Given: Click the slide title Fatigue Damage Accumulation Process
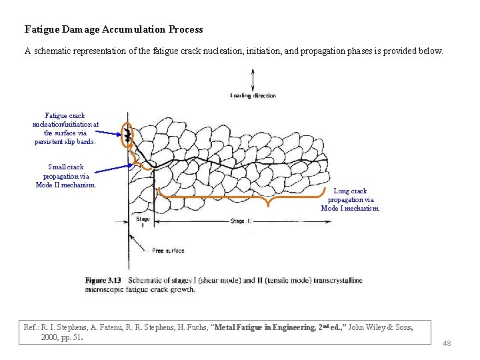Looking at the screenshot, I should click(113, 29).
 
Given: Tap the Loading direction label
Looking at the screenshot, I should click(253, 96).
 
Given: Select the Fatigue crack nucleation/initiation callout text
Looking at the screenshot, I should click(65, 128).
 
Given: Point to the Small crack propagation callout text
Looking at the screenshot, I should click(66, 176).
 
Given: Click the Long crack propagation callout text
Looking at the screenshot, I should click(351, 199).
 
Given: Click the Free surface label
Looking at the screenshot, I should click(168, 251).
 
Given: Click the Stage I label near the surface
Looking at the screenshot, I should click(143, 221).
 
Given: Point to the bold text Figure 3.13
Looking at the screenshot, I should click(103, 280).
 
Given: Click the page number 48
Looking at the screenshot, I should click(447, 343).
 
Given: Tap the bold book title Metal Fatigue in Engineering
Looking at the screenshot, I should click(276, 327).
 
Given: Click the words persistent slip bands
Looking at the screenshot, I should click(65, 141).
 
